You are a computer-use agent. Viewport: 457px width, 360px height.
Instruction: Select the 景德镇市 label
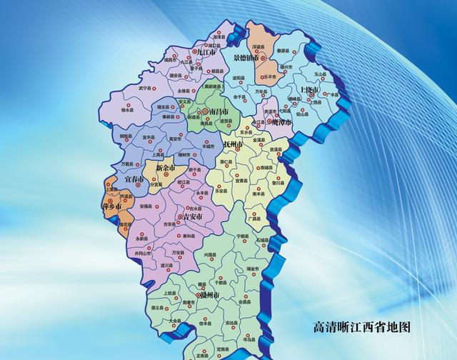(x=249, y=57)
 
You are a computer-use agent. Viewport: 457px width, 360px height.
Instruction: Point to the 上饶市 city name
(x=308, y=91)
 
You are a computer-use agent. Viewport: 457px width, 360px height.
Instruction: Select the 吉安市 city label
(x=193, y=216)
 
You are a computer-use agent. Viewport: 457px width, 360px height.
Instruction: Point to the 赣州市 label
(x=208, y=294)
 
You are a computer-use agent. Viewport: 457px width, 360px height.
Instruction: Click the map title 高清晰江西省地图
(x=363, y=328)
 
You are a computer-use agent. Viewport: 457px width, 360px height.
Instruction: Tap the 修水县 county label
(x=129, y=111)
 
